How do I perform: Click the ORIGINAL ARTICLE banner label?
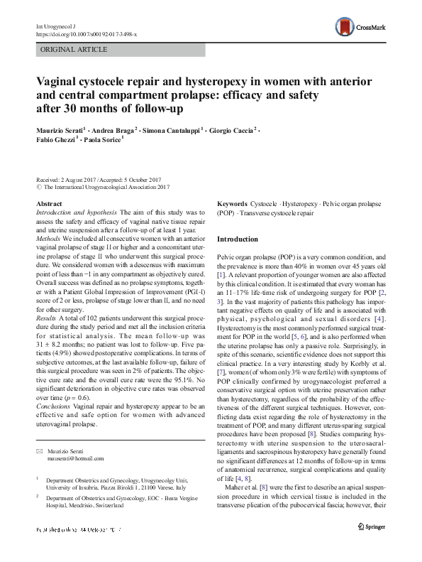(74, 50)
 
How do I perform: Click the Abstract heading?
(49, 203)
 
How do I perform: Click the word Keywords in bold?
(233, 203)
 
